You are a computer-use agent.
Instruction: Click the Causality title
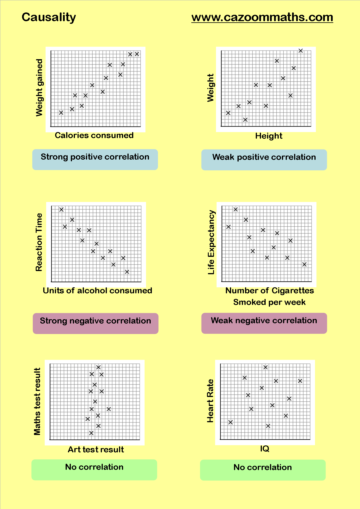(49, 17)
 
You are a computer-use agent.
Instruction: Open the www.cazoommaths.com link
(262, 17)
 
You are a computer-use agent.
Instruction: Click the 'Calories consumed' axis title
(94, 135)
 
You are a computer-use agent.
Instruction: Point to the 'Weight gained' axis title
(39, 88)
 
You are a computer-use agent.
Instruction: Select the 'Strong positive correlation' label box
(95, 159)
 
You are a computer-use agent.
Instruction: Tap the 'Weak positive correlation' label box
(264, 160)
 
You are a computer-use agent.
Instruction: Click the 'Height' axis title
(269, 136)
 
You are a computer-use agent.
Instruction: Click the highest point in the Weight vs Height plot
(300, 51)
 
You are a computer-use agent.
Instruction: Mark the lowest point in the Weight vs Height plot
(245, 120)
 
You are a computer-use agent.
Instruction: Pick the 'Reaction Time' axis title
(39, 242)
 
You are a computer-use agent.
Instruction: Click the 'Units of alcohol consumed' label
(97, 290)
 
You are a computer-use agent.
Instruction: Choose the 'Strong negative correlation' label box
(96, 323)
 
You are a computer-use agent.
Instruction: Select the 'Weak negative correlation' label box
(264, 323)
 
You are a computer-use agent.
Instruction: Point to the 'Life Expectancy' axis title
(211, 242)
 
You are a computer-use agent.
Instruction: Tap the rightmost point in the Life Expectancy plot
(304, 264)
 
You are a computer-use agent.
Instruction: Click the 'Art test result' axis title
(96, 450)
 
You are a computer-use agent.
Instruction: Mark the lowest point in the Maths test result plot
(91, 433)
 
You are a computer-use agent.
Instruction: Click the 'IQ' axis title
(264, 449)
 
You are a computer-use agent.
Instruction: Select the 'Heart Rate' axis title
(210, 401)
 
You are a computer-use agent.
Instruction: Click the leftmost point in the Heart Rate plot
(231, 422)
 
